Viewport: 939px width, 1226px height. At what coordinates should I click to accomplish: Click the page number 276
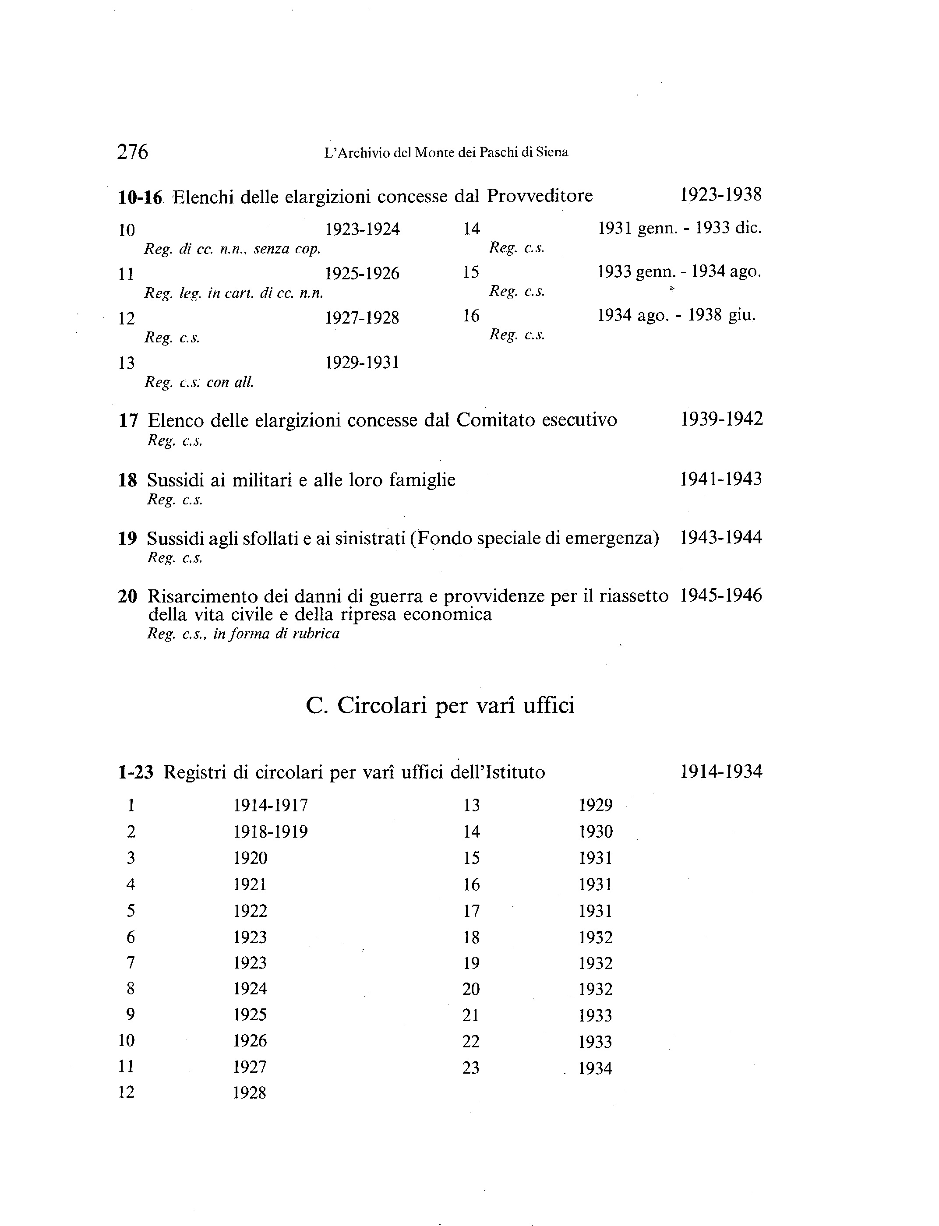point(132,151)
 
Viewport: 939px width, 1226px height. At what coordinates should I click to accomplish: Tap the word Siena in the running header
point(552,152)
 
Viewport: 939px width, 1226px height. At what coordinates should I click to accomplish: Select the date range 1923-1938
point(720,194)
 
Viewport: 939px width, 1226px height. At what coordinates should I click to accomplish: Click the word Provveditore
point(540,196)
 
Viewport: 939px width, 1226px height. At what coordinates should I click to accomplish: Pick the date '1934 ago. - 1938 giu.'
point(676,316)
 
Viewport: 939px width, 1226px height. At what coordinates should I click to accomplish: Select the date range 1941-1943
point(720,479)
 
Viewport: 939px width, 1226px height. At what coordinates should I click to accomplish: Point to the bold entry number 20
point(127,596)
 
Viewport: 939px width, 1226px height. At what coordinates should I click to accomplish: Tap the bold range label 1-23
point(135,772)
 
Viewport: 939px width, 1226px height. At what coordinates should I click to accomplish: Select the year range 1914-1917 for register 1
point(271,805)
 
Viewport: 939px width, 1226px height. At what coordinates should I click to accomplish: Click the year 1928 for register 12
point(249,1092)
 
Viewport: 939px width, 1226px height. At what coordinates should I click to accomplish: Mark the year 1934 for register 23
point(595,1068)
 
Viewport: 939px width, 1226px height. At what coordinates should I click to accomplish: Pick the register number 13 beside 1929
point(472,805)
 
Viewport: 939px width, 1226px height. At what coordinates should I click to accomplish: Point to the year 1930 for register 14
point(596,831)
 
